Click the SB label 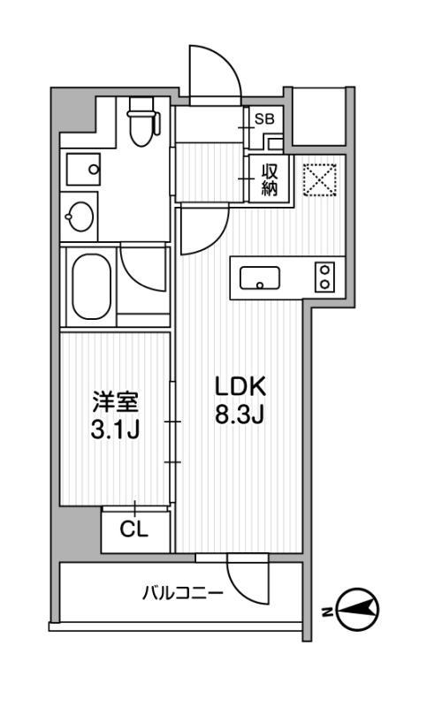[263, 118]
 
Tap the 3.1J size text [116, 431]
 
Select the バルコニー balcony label [183, 592]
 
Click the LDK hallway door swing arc [198, 232]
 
